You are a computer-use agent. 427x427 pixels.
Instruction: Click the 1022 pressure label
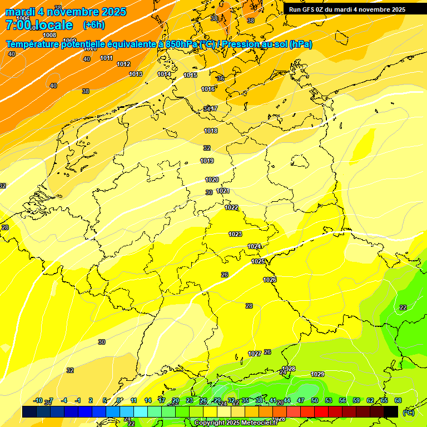pyautogui.click(x=231, y=207)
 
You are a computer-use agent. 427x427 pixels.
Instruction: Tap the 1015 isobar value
pyautogui.click(x=190, y=75)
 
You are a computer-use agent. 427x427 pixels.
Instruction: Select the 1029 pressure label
pyautogui.click(x=317, y=374)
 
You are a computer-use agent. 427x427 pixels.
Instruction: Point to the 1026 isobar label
pyautogui.click(x=270, y=280)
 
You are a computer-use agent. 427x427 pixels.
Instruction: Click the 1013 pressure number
pyautogui.click(x=136, y=74)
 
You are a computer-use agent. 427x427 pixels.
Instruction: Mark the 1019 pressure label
pyautogui.click(x=207, y=161)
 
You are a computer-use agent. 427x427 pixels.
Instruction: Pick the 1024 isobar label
pyautogui.click(x=254, y=246)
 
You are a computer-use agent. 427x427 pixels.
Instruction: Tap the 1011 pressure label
pyautogui.click(x=107, y=58)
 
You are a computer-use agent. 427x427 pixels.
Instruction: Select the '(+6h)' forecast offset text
pyautogui.click(x=93, y=25)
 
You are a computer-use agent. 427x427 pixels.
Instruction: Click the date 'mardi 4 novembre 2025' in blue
pyautogui.click(x=66, y=12)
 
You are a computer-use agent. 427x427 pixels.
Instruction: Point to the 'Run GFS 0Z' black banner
pyautogui.click(x=347, y=9)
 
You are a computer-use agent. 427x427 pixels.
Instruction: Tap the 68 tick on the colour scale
pyautogui.click(x=398, y=400)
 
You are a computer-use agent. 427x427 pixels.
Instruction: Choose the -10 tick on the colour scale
pyautogui.click(x=38, y=400)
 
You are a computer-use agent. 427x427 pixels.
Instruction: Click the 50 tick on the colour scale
pyautogui.click(x=315, y=400)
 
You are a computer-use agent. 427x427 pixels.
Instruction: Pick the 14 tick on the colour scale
pyautogui.click(x=148, y=400)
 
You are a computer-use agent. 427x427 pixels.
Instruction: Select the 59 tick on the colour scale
pyautogui.click(x=356, y=400)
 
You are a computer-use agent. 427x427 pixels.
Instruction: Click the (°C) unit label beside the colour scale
pyautogui.click(x=408, y=412)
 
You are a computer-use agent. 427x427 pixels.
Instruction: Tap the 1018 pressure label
pyautogui.click(x=211, y=131)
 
